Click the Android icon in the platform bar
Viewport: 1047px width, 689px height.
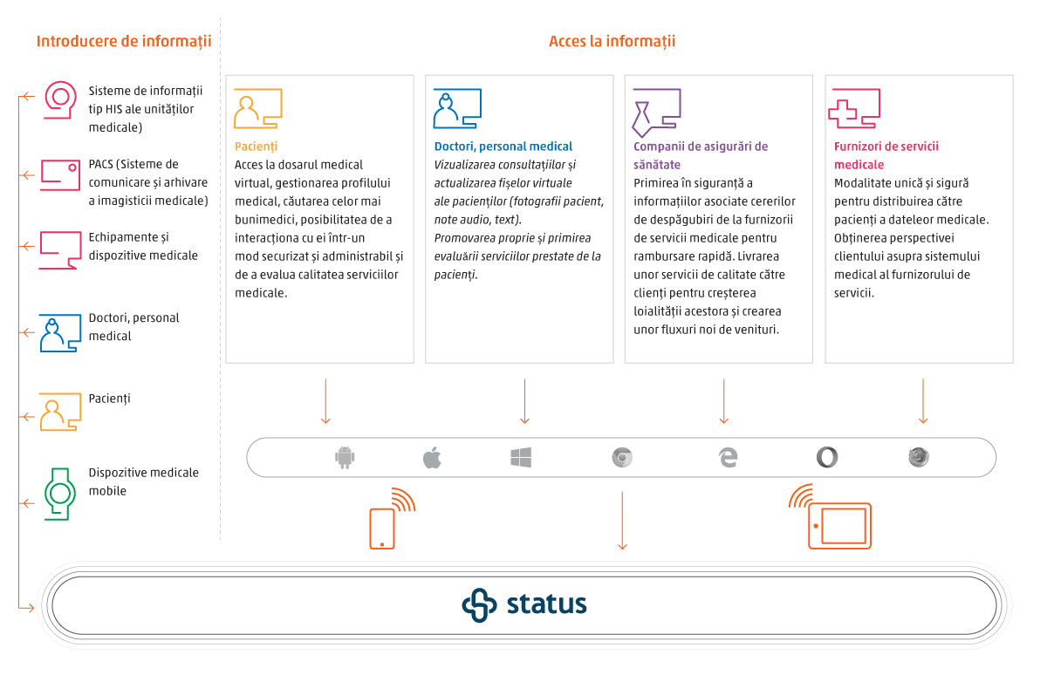pyautogui.click(x=346, y=457)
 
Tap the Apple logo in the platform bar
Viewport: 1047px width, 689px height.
pyautogui.click(x=432, y=457)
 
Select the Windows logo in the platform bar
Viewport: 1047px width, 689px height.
pyautogui.click(x=521, y=457)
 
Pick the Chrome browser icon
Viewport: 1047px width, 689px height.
pyautogui.click(x=621, y=457)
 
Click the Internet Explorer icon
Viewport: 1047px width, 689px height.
pyautogui.click(x=728, y=457)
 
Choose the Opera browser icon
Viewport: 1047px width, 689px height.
pyautogui.click(x=825, y=457)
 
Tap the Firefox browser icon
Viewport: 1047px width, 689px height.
pyautogui.click(x=918, y=457)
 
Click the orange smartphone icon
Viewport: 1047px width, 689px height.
pyautogui.click(x=382, y=528)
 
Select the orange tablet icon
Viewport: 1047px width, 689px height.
pyautogui.click(x=839, y=525)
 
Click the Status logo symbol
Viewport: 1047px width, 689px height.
pyautogui.click(x=479, y=605)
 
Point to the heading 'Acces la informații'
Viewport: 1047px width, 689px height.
pyautogui.click(x=612, y=41)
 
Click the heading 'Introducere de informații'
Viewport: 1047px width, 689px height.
pyautogui.click(x=124, y=41)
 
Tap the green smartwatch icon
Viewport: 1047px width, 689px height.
pyautogui.click(x=60, y=494)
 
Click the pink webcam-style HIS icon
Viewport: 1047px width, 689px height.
pyautogui.click(x=60, y=99)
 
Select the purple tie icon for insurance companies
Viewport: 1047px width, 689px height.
pyautogui.click(x=644, y=112)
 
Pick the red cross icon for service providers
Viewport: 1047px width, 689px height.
pyautogui.click(x=844, y=111)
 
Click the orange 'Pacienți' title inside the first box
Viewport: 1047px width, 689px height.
pyautogui.click(x=256, y=147)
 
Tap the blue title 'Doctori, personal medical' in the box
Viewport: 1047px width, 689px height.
pyautogui.click(x=503, y=147)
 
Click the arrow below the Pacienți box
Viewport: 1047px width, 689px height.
pyautogui.click(x=325, y=401)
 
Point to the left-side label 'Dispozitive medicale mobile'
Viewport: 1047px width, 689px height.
pyautogui.click(x=143, y=481)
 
